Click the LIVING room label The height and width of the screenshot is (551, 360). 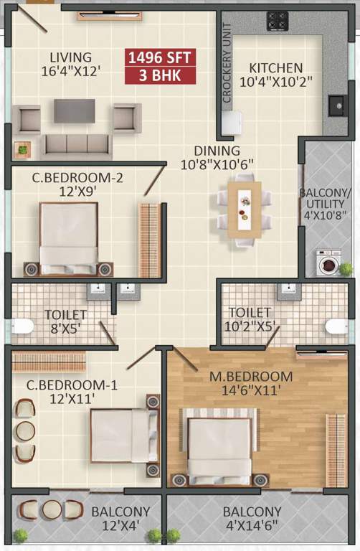(70, 57)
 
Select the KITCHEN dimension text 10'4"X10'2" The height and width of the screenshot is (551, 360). (276, 83)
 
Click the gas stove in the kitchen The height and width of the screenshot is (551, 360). (278, 21)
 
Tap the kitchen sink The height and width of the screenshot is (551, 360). (336, 105)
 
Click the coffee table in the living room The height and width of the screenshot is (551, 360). (75, 110)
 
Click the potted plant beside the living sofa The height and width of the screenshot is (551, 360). (23, 149)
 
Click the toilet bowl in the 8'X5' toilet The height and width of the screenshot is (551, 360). (22, 326)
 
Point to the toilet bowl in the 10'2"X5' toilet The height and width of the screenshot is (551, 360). (337, 326)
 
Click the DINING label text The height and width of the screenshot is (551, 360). (217, 151)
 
